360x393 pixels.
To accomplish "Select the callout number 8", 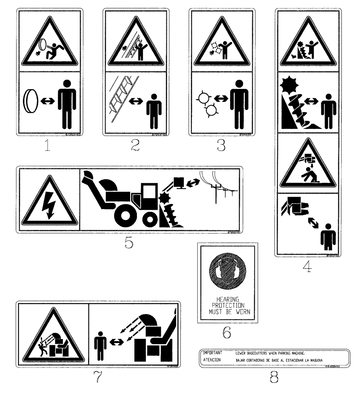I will click(274, 377).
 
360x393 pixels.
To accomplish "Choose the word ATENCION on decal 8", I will click(212, 360).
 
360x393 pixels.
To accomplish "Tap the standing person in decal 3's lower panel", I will click(239, 103).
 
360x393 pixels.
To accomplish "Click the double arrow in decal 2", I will click(136, 101).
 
